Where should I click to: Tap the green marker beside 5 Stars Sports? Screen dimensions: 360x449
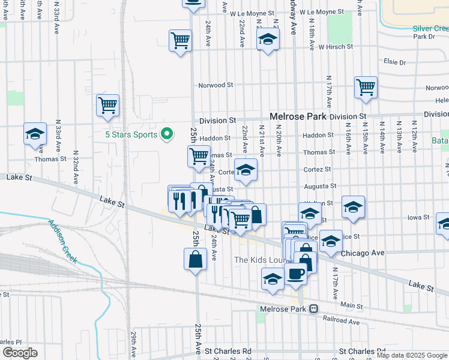coord(168,134)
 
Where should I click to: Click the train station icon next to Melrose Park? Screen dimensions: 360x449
coord(313,309)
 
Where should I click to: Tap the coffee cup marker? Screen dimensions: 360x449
coord(295,273)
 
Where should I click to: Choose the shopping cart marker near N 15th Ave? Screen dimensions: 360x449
coord(366,88)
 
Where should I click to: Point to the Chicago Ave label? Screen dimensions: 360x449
coord(362,253)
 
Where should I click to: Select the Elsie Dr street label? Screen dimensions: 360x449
coord(394,62)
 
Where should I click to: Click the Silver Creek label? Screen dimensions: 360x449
coord(430,29)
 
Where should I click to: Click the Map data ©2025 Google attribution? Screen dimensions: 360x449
coord(412,355)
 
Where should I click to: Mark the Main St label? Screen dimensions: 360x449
coord(347,305)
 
